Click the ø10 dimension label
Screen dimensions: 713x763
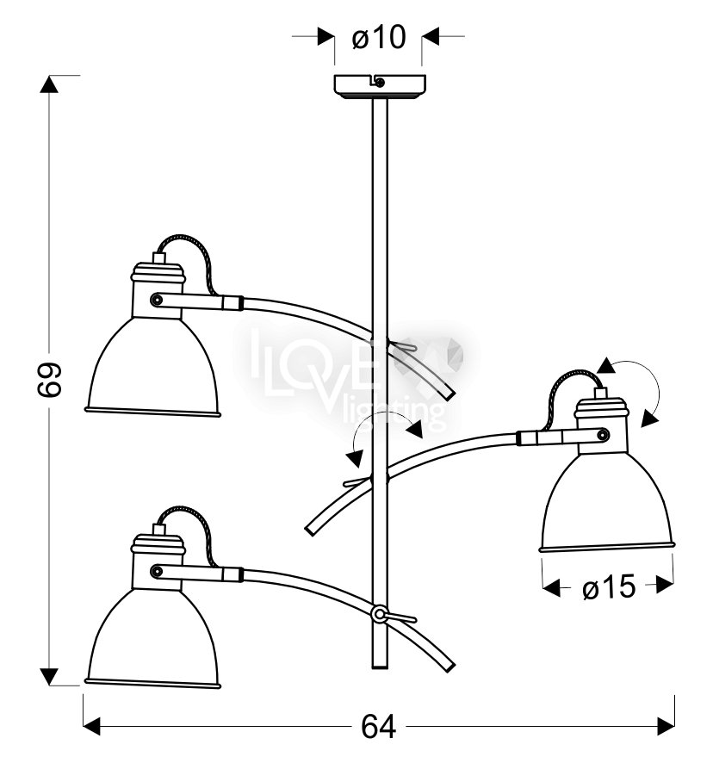379,37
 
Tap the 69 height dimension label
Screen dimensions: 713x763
49,379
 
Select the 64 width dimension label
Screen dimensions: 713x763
378,727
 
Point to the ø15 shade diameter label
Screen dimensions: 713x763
609,586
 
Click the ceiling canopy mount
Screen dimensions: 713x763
380,86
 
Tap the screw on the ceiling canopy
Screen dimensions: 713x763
380,83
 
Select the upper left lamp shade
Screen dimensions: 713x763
152,366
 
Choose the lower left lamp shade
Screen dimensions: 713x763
152,638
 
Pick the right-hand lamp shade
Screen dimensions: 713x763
607,503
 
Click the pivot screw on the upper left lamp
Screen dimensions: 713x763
156,300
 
